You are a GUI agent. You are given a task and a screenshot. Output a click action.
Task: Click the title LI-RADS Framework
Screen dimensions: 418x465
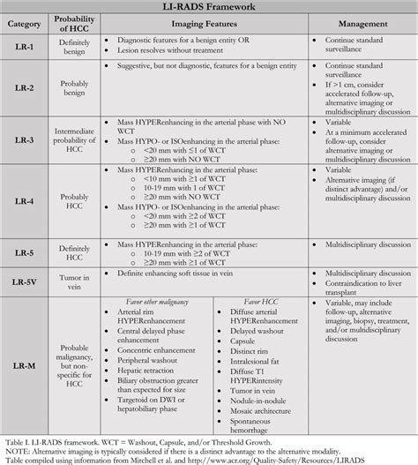click(209, 8)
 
